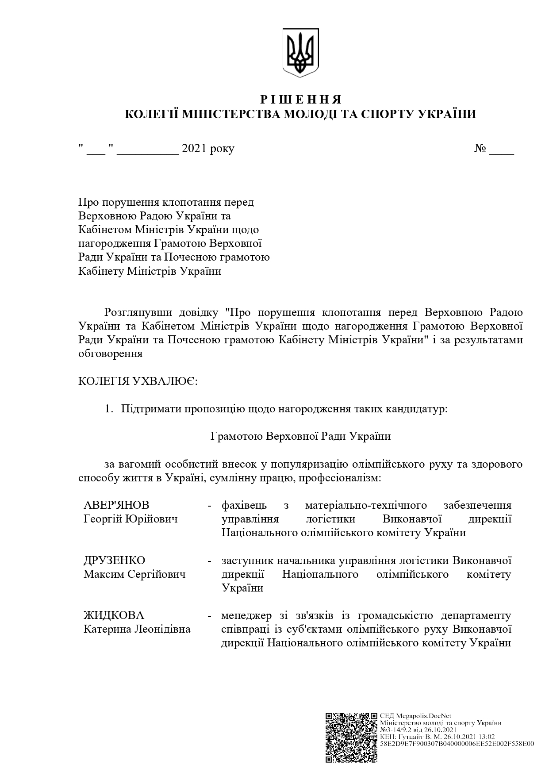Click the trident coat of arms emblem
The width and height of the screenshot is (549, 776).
(x=301, y=52)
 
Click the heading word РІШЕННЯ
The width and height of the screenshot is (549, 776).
(x=301, y=99)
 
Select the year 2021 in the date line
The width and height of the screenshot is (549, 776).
(x=195, y=149)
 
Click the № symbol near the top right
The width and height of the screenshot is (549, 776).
(x=480, y=149)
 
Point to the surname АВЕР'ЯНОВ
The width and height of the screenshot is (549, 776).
(x=116, y=505)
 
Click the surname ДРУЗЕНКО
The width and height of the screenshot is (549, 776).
(x=114, y=561)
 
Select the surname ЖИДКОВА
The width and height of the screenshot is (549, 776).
(x=114, y=615)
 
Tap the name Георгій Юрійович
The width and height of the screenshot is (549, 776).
(x=131, y=519)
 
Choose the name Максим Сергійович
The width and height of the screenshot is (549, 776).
(x=134, y=574)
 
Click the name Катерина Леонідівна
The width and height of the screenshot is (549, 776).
(x=137, y=629)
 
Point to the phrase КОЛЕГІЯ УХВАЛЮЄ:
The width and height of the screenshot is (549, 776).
(x=138, y=381)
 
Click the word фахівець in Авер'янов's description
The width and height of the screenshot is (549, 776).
(x=244, y=505)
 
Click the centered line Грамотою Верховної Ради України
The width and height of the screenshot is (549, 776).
(x=301, y=436)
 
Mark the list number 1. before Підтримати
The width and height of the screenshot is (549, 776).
(x=109, y=409)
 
